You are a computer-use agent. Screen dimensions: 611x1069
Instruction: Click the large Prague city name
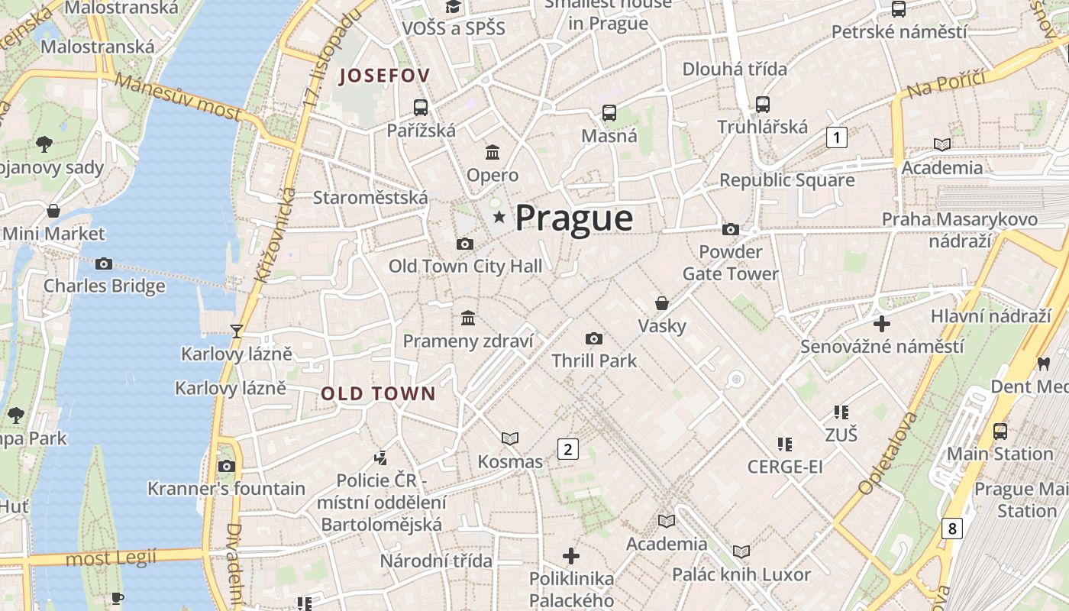click(573, 218)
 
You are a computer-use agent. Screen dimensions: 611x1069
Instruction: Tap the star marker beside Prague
click(499, 218)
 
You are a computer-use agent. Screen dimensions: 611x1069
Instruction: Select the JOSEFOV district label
click(385, 76)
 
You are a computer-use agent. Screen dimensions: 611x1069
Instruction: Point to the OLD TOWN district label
click(378, 394)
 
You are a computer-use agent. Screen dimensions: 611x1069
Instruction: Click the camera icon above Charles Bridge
click(104, 264)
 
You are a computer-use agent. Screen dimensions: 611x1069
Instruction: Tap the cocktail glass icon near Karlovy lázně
click(237, 331)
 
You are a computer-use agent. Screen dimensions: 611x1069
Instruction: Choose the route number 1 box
click(837, 137)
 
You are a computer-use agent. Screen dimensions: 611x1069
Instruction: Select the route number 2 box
click(567, 449)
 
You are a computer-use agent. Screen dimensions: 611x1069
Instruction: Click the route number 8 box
click(951, 528)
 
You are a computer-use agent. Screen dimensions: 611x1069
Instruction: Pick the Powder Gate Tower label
click(730, 263)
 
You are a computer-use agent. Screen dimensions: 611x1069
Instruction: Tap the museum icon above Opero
click(493, 152)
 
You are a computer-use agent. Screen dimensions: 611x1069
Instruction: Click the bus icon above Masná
click(609, 113)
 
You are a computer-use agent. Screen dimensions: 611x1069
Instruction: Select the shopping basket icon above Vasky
click(662, 303)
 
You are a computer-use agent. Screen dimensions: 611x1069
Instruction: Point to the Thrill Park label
click(593, 360)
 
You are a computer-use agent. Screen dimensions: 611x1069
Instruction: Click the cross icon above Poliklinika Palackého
click(571, 555)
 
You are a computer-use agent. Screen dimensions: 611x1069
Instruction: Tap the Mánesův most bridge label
click(179, 99)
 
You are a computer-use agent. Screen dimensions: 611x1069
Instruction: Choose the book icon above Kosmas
click(509, 438)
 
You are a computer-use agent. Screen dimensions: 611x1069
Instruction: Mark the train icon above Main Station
click(1000, 432)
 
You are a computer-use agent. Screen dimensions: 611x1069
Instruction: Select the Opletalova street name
click(887, 453)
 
